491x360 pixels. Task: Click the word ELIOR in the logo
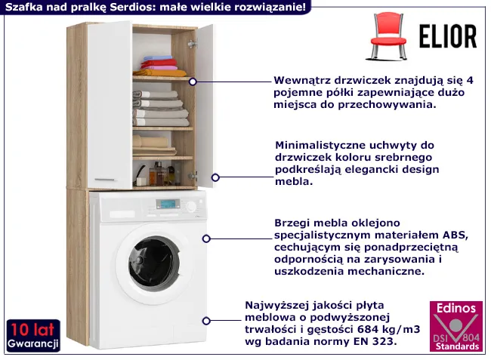point(448,36)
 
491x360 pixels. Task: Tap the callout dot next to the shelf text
point(193,81)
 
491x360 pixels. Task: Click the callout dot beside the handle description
point(215,177)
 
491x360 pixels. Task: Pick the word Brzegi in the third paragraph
point(293,223)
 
